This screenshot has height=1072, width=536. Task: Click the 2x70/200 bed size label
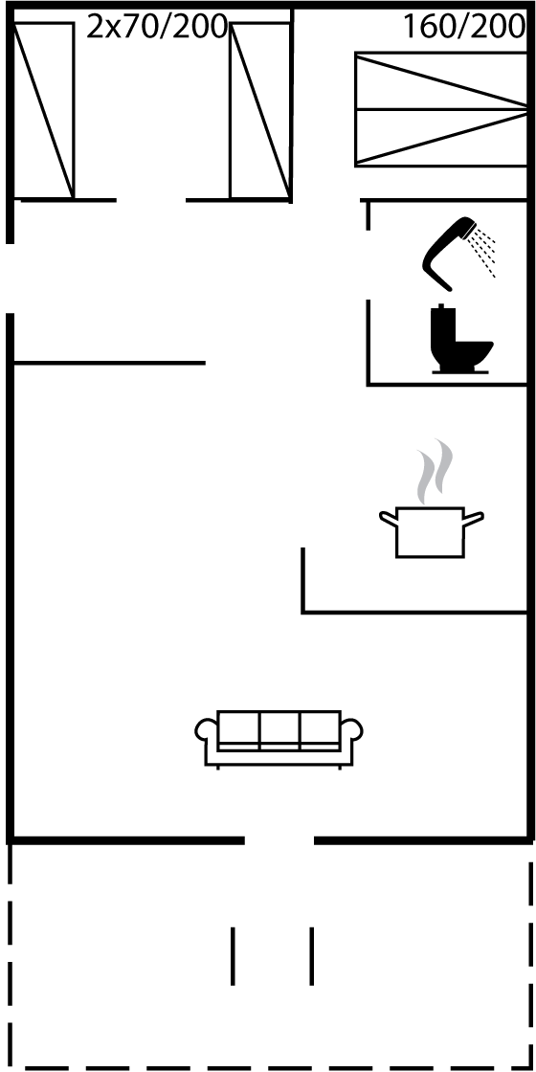point(157,28)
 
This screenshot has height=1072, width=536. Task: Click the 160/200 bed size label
point(463,28)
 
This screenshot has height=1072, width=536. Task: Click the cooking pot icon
point(431,532)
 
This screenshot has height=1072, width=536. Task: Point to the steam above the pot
point(435,472)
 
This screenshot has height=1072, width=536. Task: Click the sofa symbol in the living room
point(279,738)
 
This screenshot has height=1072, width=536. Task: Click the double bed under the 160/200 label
point(441,109)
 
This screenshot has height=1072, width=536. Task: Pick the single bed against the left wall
point(43,110)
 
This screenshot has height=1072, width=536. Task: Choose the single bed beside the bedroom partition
point(260,110)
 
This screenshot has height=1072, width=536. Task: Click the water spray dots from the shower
point(482,252)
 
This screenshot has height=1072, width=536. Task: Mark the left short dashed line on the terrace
point(234,956)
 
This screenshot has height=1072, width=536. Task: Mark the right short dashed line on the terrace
point(312,956)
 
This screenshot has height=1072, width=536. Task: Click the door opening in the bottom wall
point(279,840)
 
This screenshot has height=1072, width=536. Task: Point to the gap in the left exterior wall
point(10,279)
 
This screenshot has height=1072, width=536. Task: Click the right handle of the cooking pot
point(474,519)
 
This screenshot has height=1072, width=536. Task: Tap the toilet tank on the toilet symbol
point(442,322)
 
